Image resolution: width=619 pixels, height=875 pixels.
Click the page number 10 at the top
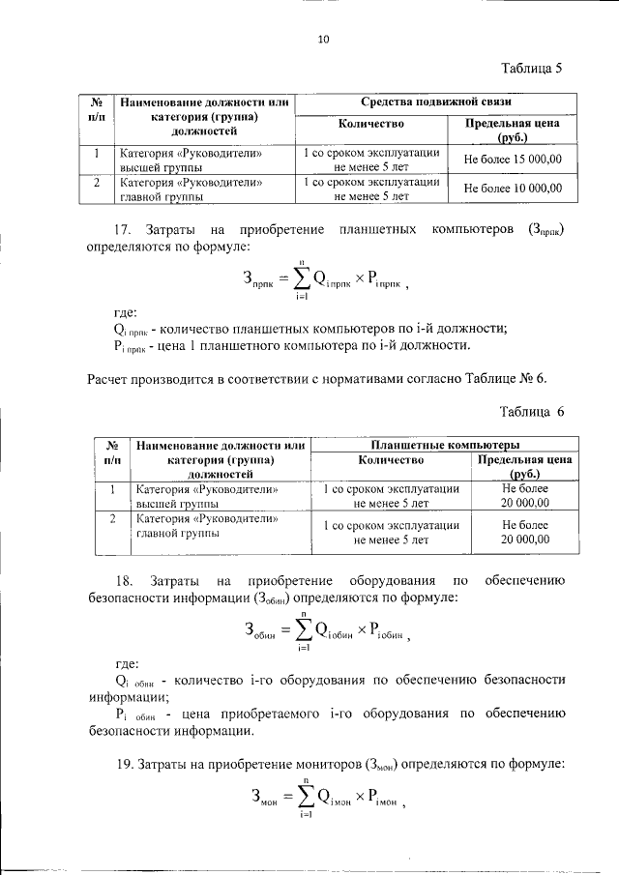[x=323, y=40]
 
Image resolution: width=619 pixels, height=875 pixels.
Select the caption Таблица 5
[x=531, y=69]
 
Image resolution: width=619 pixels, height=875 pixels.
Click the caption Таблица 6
[x=531, y=412]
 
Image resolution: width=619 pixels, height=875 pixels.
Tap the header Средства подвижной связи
[x=435, y=101]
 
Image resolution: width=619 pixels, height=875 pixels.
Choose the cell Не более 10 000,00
[x=513, y=189]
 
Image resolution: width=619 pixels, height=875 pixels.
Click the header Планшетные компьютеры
[x=445, y=445]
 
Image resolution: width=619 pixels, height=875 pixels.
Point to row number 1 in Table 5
[x=97, y=153]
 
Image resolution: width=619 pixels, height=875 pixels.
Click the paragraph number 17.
[x=122, y=229]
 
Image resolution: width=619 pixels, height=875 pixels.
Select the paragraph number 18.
[x=123, y=580]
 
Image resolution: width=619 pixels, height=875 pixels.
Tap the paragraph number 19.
[x=123, y=765]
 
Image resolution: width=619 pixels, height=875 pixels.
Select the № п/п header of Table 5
[x=97, y=108]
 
